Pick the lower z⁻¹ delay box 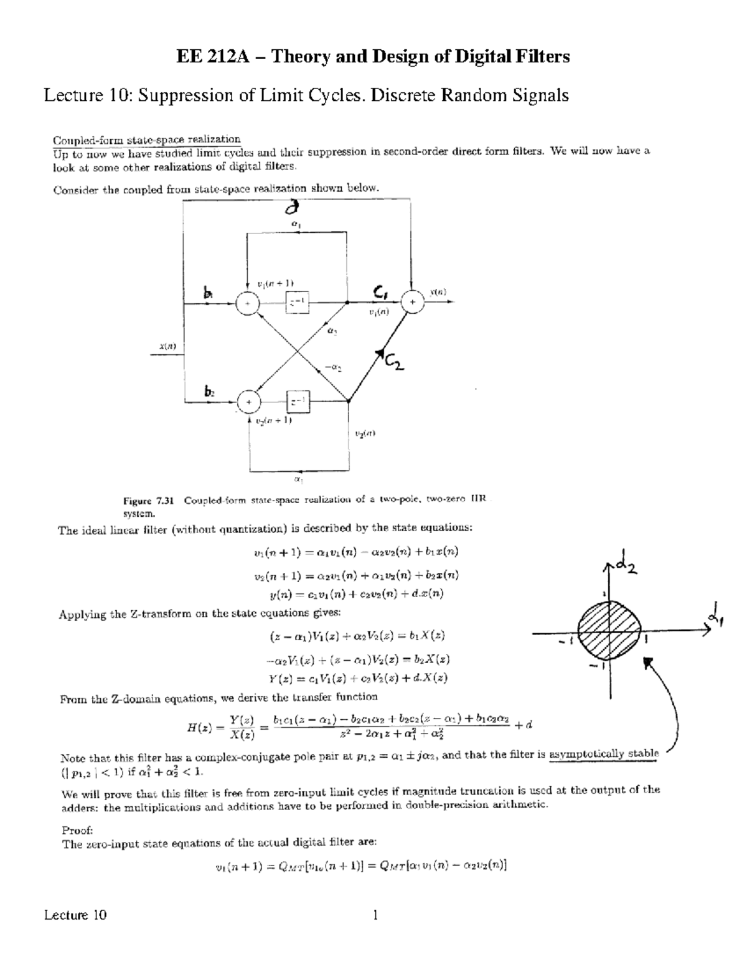pos(298,402)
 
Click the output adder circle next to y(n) pos(411,301)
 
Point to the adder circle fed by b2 pos(248,402)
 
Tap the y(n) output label pos(439,291)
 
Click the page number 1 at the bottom pos(375,915)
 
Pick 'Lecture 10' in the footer pos(75,915)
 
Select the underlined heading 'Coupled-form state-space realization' pos(146,139)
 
